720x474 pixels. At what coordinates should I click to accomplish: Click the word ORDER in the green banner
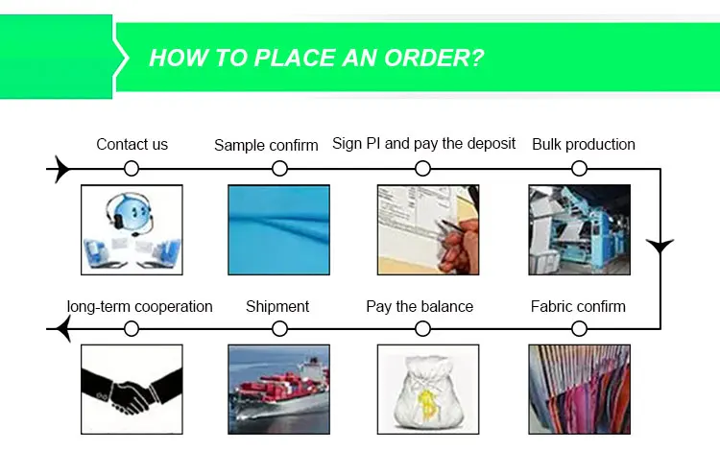[434, 59]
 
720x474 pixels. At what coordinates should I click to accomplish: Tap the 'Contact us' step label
[132, 145]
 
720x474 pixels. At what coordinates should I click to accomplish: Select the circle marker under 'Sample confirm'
[279, 169]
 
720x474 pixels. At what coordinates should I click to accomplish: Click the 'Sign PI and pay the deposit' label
[423, 144]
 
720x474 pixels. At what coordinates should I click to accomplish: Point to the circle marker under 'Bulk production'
[580, 169]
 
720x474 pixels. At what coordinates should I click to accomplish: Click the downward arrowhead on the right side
[660, 246]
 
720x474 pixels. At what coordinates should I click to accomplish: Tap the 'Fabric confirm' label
[578, 306]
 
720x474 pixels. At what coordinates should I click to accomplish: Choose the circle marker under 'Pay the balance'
[422, 328]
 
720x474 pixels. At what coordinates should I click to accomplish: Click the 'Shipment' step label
[277, 306]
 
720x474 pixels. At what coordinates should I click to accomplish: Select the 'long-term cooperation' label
[139, 306]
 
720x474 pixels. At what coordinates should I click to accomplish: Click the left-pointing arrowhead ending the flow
[63, 328]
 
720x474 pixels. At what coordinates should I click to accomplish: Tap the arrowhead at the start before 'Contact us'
[63, 169]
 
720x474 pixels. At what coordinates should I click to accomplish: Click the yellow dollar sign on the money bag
[427, 405]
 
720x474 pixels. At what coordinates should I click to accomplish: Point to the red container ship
[281, 389]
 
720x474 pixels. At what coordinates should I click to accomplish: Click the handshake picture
[132, 390]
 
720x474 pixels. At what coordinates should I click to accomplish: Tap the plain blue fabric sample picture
[278, 230]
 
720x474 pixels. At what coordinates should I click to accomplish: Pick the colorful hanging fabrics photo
[580, 390]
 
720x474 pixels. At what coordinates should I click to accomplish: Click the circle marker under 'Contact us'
[132, 169]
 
